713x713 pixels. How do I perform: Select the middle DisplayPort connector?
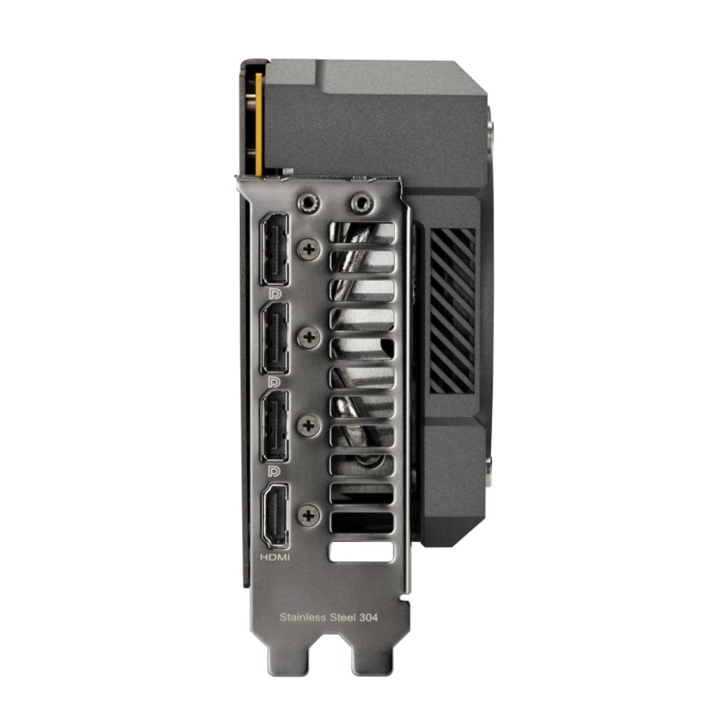tap(275, 337)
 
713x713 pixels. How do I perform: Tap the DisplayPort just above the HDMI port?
tap(275, 425)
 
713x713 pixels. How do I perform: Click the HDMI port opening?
tap(275, 515)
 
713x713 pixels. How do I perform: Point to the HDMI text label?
tap(275, 558)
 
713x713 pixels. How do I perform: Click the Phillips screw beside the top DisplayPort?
tap(309, 248)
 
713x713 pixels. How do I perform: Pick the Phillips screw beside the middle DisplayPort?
tap(309, 336)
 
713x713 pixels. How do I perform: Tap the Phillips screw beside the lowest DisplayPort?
tap(309, 425)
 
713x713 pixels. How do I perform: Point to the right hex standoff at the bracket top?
tap(360, 202)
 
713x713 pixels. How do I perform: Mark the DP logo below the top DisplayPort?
tap(273, 293)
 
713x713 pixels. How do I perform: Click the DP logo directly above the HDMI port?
tap(273, 471)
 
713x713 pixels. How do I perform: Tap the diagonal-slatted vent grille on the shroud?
tap(452, 311)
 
